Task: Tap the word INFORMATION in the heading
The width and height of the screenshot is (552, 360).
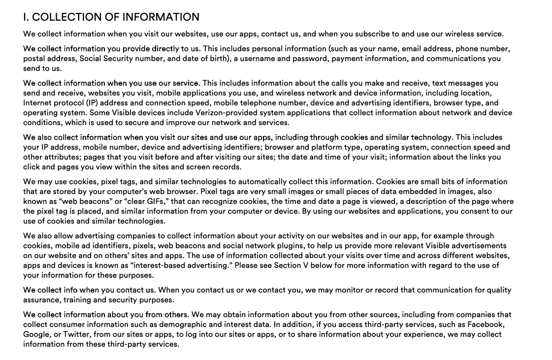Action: coord(161,17)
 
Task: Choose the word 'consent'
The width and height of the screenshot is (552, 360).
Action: coord(474,211)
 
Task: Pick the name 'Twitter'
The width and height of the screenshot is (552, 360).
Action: coord(76,334)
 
